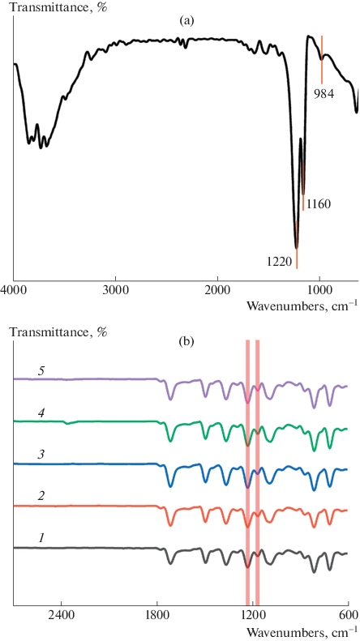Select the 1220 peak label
click(x=279, y=260)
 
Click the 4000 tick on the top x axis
click(x=14, y=290)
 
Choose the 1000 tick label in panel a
click(x=319, y=290)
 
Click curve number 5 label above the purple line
click(x=39, y=370)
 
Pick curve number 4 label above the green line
click(x=39, y=412)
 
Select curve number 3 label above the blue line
click(x=39, y=455)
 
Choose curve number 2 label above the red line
click(x=39, y=497)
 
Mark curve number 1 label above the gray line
click(x=39, y=539)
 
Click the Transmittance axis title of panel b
click(x=58, y=331)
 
